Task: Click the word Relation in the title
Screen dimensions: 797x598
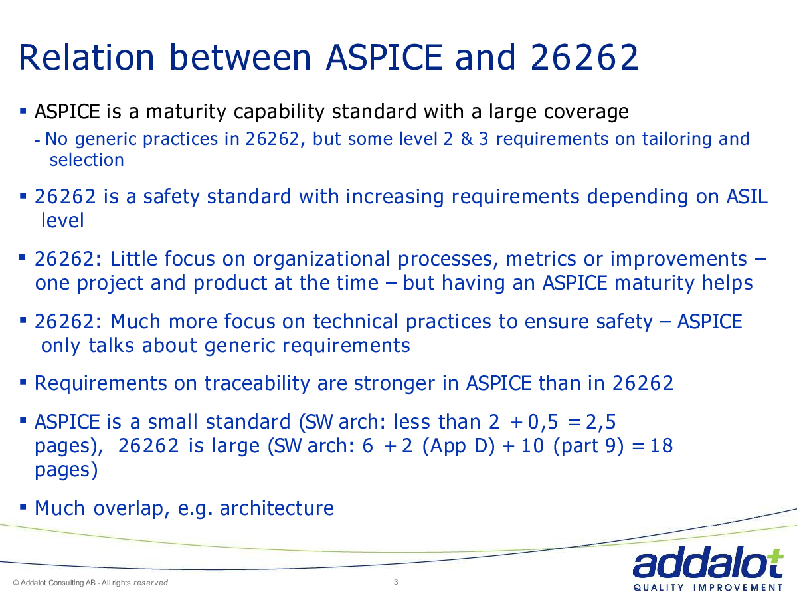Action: pyautogui.click(x=87, y=57)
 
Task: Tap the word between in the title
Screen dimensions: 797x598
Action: pyautogui.click(x=240, y=57)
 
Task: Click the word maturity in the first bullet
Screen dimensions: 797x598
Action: pyautogui.click(x=186, y=112)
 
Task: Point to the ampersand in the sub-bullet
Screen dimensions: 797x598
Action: pyautogui.click(x=467, y=139)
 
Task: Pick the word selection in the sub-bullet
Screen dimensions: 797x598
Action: pyautogui.click(x=87, y=160)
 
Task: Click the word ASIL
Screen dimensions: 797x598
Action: pyautogui.click(x=747, y=197)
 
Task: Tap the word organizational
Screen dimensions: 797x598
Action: pyautogui.click(x=321, y=259)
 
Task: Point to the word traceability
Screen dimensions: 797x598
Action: pyautogui.click(x=257, y=383)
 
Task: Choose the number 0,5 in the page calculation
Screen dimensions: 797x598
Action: pyautogui.click(x=543, y=423)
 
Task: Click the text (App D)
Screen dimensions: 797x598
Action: pyautogui.click(x=458, y=447)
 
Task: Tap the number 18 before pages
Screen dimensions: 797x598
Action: pyautogui.click(x=662, y=446)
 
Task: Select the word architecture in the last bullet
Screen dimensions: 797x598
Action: pyautogui.click(x=277, y=508)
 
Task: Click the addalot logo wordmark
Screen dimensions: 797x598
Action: pyautogui.click(x=708, y=562)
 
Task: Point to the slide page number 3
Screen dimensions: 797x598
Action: pyautogui.click(x=396, y=582)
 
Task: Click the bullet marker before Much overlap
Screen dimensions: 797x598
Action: pyautogui.click(x=23, y=506)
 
